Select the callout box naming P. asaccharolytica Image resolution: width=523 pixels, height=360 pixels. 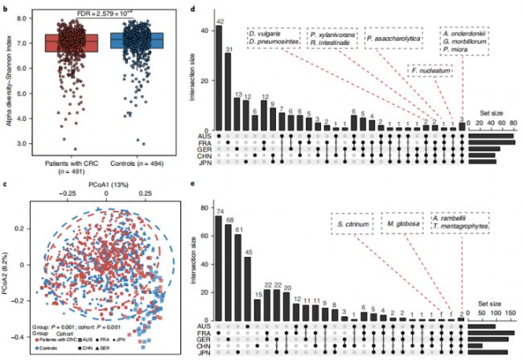[x=392, y=38]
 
